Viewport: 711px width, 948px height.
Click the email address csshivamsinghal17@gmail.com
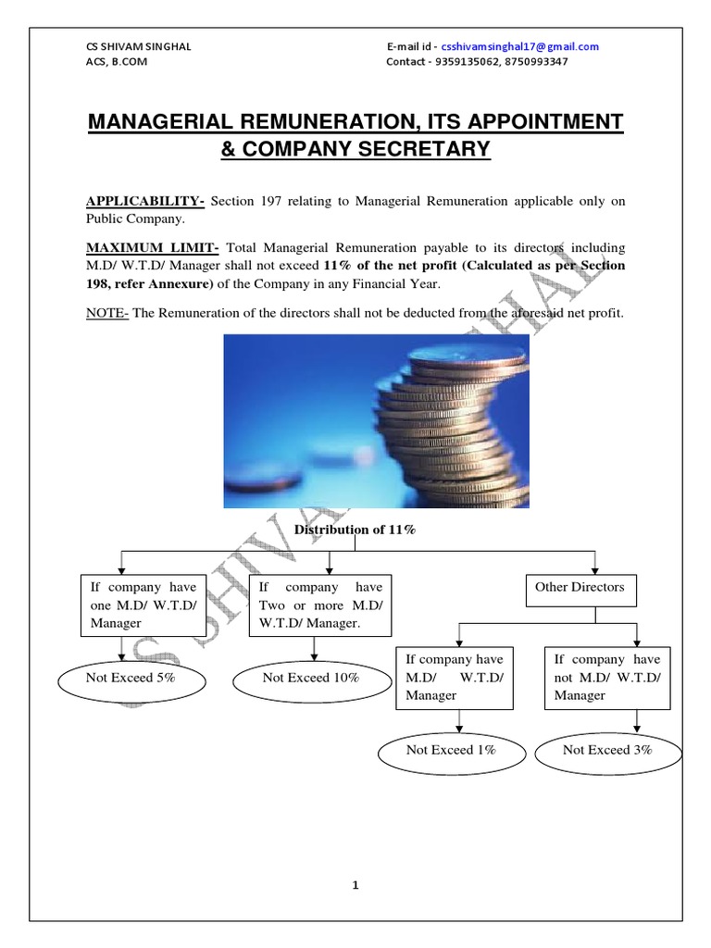point(520,46)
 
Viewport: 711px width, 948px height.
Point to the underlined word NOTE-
point(107,313)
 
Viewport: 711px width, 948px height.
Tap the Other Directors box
point(580,587)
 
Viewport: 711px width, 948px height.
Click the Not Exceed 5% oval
point(131,678)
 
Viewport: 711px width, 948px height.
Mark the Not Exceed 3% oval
point(607,750)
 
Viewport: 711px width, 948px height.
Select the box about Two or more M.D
point(319,605)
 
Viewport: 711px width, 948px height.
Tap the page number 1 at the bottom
point(355,885)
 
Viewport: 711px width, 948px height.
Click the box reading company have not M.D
point(607,677)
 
